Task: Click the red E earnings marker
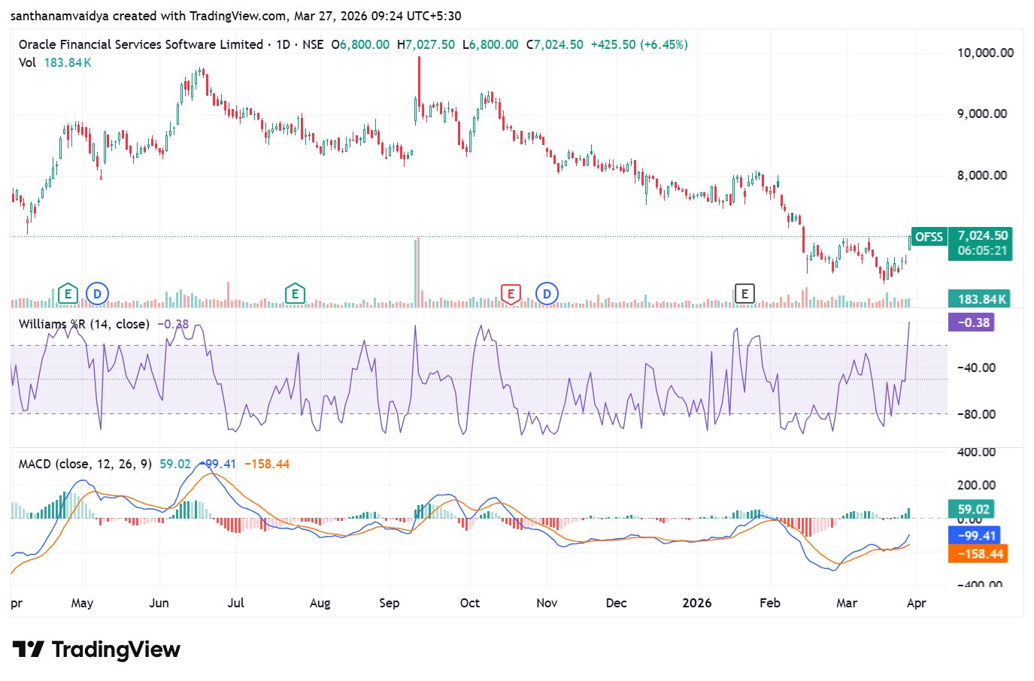(x=511, y=294)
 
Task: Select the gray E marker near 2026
(x=744, y=294)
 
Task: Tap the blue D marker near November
(x=547, y=294)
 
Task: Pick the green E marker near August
(x=295, y=294)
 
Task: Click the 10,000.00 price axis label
(x=985, y=53)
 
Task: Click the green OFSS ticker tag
(x=929, y=237)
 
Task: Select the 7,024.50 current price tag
(x=982, y=236)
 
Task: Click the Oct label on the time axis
(x=470, y=603)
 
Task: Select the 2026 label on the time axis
(x=696, y=603)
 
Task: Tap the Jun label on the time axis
(x=159, y=603)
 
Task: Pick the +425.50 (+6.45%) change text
(x=639, y=44)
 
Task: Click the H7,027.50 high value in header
(x=426, y=44)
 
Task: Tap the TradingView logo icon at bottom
(x=29, y=649)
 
